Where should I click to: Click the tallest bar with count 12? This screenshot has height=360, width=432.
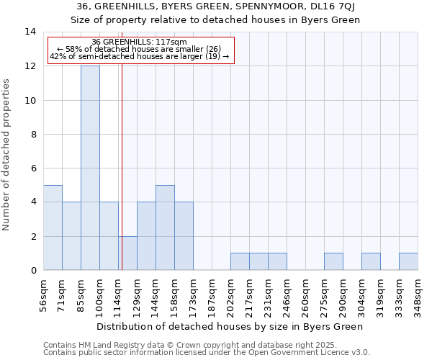pos(90,168)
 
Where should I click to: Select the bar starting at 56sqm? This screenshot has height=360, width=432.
pos(53,228)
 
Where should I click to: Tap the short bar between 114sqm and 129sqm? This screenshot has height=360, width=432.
pos(127,253)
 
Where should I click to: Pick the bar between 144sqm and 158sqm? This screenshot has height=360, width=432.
pos(165,228)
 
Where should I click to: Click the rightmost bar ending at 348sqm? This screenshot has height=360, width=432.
pos(408,261)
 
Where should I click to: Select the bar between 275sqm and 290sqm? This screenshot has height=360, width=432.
pos(333,261)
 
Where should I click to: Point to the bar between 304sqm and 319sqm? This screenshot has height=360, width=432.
pos(371,261)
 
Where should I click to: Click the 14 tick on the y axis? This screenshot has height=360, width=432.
pos(31,32)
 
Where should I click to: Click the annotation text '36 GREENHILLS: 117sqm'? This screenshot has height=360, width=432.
pos(140,42)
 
